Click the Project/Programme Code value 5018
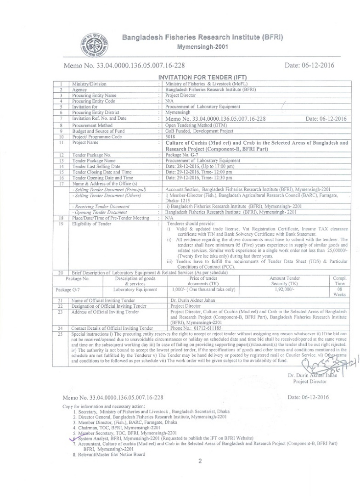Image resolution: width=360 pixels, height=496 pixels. (170, 136)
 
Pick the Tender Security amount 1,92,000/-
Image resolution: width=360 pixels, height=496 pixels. (287, 290)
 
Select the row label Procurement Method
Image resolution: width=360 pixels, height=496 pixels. (92, 125)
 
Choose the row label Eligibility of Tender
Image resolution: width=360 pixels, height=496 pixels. (91, 224)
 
